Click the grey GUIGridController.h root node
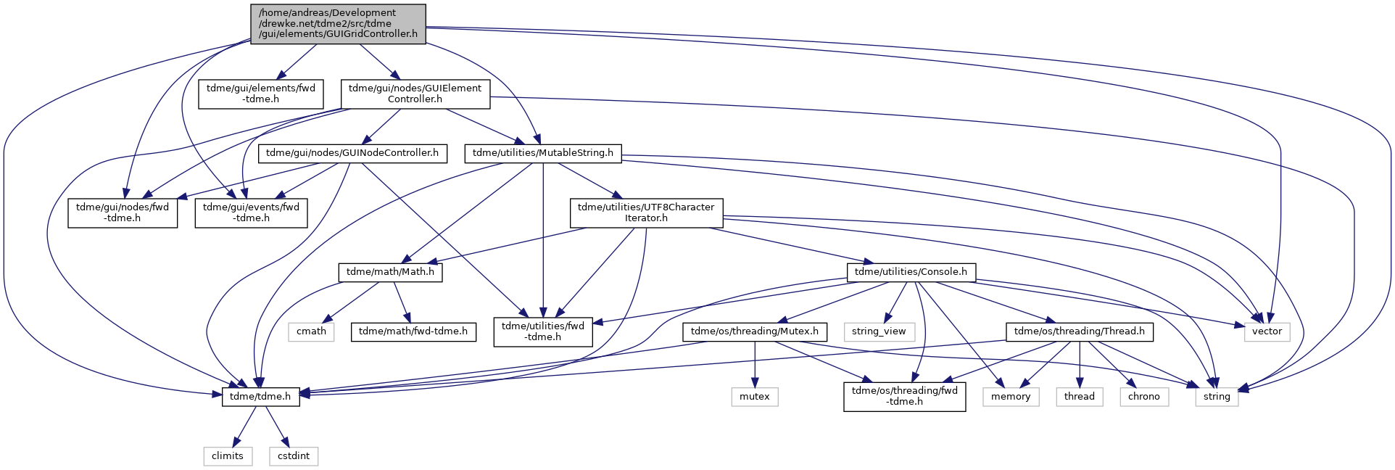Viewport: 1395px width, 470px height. point(338,23)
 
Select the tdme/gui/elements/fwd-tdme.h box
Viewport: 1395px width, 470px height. point(261,94)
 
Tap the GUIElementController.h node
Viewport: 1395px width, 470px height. point(415,94)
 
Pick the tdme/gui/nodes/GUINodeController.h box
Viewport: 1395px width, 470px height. point(352,153)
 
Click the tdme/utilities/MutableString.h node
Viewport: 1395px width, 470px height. point(543,153)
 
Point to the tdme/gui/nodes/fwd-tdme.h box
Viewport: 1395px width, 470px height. point(123,213)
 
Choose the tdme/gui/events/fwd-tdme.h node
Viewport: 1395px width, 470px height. point(251,213)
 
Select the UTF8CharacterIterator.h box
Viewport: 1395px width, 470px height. point(646,213)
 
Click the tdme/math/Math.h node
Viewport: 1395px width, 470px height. point(390,272)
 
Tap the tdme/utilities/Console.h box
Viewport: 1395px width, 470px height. point(911,272)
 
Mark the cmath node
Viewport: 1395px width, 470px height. point(312,331)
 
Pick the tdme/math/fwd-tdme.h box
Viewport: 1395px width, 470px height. point(413,331)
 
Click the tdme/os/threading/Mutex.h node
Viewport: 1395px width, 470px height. point(755,331)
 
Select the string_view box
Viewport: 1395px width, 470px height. point(879,331)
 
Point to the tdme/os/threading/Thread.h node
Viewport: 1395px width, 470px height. point(1080,331)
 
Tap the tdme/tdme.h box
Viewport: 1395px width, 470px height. point(260,397)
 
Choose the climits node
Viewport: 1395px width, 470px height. point(228,456)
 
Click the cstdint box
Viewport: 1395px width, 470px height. point(294,456)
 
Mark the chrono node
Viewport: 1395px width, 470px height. point(1144,397)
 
